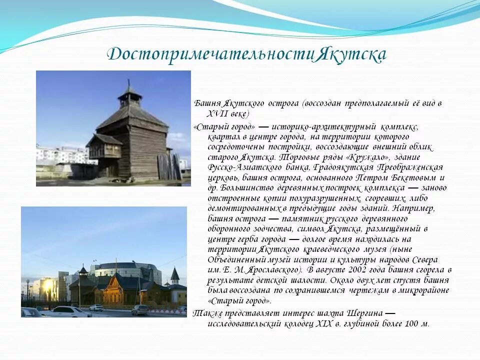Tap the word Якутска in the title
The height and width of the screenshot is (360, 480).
[350, 54]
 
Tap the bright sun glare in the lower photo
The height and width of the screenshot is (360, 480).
[48, 288]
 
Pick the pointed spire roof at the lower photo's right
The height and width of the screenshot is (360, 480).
[174, 274]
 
